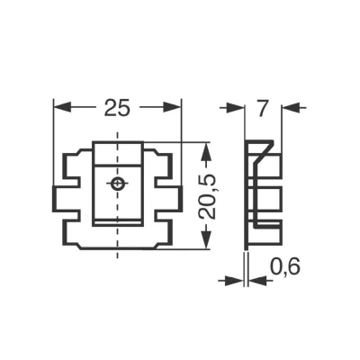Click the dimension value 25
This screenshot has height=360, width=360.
[x=115, y=107]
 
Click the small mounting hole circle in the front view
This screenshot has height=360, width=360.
[x=116, y=184]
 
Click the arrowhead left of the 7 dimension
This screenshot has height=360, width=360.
[x=240, y=107]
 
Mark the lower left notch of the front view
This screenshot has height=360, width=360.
[x=70, y=215]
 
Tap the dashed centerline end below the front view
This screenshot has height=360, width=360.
[x=116, y=256]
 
